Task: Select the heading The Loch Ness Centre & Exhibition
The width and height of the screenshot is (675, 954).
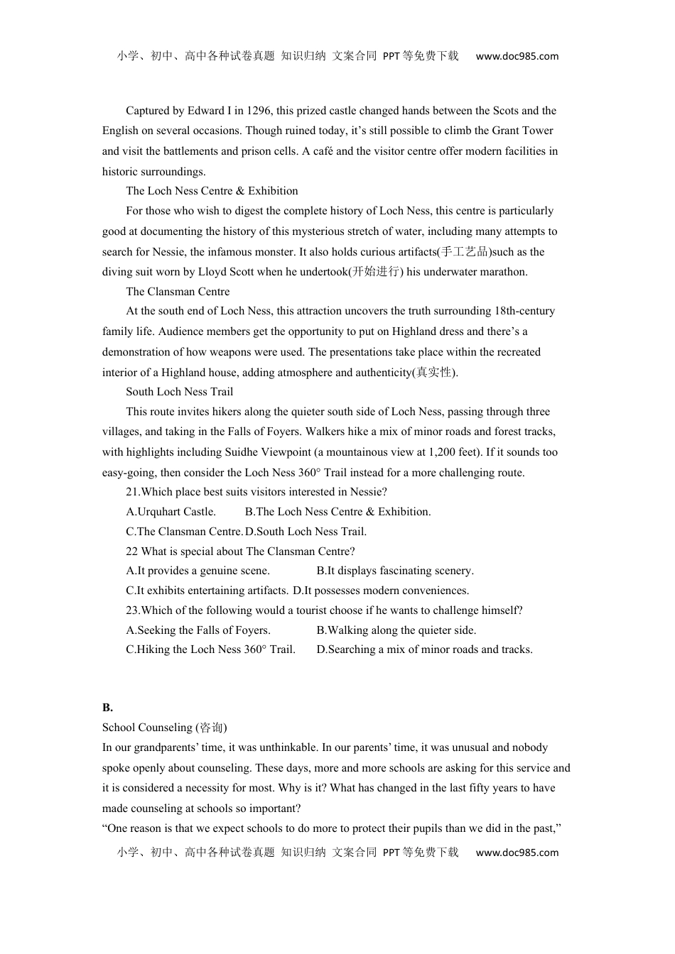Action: pos(212,191)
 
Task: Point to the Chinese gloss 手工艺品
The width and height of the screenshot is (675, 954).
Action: pos(465,252)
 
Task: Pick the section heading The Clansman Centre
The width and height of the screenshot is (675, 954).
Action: pos(178,292)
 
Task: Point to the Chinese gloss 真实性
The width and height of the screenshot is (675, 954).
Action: pos(435,373)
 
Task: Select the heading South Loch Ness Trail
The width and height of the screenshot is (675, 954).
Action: pos(179,392)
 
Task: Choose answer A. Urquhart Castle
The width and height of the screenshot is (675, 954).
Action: pos(171,512)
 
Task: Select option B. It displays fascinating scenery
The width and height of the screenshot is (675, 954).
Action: pos(395,571)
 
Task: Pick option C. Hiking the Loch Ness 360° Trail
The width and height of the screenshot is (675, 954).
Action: pos(210,649)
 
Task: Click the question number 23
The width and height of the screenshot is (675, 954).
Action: pos(132,610)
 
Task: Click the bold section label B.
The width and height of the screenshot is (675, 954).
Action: pos(107,708)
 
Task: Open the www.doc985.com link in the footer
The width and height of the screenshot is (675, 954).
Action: pos(517,852)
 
